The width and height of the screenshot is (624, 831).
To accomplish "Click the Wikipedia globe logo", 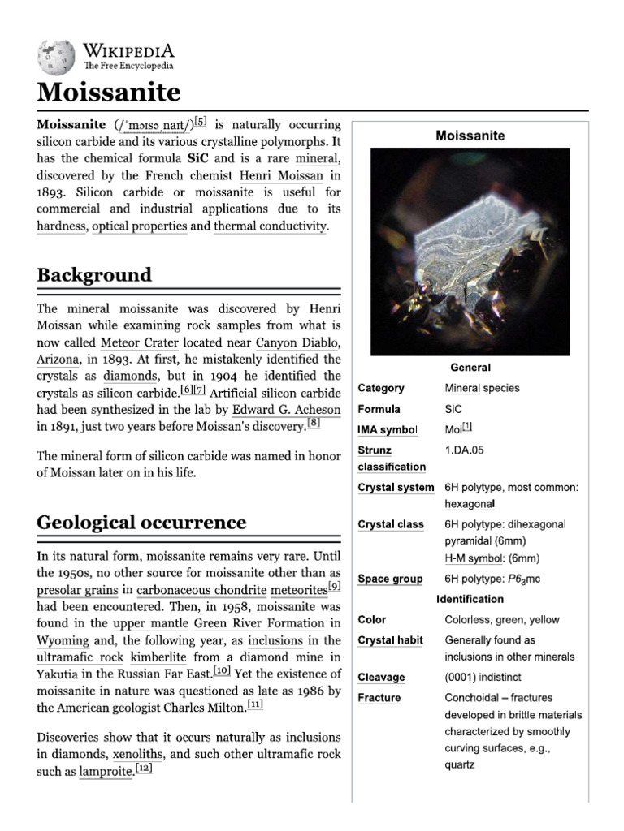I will [54, 58].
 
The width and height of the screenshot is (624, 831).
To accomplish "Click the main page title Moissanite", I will [109, 93].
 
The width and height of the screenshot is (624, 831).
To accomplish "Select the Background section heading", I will [94, 275].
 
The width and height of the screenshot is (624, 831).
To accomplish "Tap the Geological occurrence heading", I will [141, 522].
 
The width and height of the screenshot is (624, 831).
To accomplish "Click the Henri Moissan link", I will [281, 175].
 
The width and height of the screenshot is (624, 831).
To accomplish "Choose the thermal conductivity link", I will [270, 226].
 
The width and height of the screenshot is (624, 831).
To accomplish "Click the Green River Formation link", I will [258, 623].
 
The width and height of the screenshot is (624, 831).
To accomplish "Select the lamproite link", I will [106, 772].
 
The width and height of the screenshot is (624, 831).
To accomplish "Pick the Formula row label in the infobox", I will [379, 409].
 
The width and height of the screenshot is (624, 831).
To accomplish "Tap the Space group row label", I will [390, 579].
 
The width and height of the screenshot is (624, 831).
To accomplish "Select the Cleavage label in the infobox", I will [381, 677].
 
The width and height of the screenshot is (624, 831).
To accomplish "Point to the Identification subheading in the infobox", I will [470, 599].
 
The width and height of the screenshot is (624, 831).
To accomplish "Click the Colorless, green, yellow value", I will [502, 620].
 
